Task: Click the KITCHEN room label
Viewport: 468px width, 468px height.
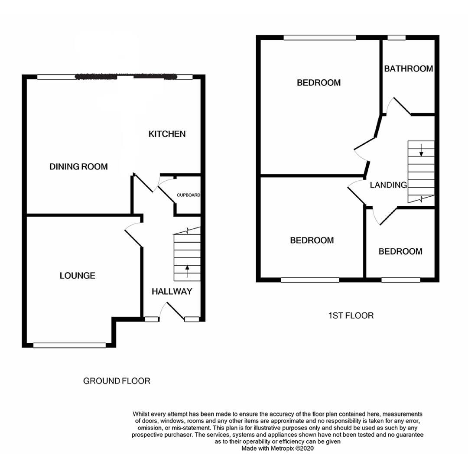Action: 167,134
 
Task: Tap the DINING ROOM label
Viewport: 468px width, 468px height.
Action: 78,166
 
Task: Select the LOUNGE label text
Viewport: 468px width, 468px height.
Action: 78,276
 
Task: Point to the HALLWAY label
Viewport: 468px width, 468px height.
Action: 172,292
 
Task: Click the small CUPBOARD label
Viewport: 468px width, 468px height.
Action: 188,195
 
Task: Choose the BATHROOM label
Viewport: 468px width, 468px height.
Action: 408,68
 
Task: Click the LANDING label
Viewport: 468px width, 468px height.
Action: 388,185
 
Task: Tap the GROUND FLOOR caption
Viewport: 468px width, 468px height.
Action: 117,381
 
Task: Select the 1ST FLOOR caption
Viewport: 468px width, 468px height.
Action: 351,315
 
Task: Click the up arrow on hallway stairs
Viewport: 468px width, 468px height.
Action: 187,271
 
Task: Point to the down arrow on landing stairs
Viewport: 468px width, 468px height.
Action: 421,149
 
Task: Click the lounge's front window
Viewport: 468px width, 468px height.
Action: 69,345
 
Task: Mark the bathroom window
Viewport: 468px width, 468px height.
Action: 396,38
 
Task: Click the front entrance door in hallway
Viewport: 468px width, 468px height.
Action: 174,311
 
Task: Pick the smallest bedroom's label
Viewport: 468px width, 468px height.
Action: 400,251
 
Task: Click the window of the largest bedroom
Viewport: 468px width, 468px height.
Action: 320,38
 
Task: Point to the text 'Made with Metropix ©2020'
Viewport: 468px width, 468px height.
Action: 277,448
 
